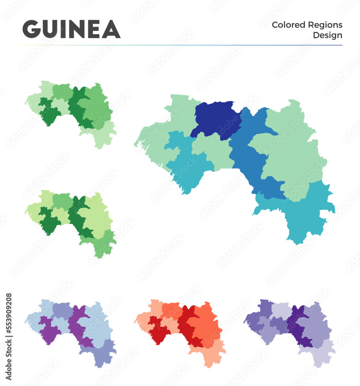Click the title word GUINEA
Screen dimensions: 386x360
click(x=71, y=29)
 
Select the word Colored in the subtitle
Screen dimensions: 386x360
click(x=288, y=25)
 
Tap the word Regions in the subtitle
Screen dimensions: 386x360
click(x=325, y=25)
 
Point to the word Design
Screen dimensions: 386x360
click(x=328, y=36)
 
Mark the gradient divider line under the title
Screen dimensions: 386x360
click(x=180, y=45)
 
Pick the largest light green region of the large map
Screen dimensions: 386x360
click(x=294, y=154)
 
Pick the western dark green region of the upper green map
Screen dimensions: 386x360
click(x=49, y=112)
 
